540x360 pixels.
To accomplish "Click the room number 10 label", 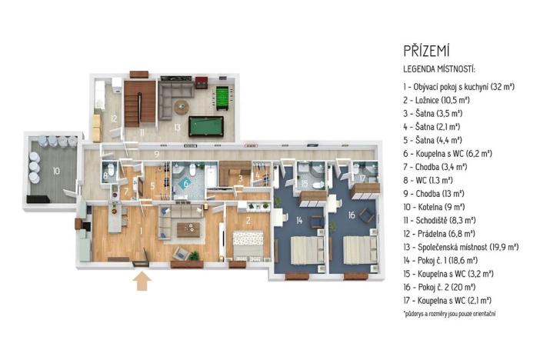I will (56, 169).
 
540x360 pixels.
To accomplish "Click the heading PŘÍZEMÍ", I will (427, 51).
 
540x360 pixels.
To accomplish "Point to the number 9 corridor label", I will (157, 155).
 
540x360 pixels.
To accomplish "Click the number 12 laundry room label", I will (112, 118).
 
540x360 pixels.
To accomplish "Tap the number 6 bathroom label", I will (185, 184).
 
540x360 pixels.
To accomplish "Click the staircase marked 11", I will (141, 115).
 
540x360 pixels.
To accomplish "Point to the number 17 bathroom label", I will (362, 179).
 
